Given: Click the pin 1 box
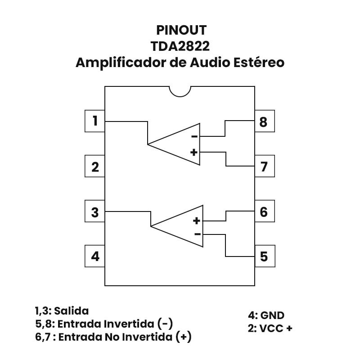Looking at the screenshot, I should click(x=95, y=121).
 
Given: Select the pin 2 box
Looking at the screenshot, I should click(x=95, y=166).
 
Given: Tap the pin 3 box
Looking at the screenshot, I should click(x=95, y=211).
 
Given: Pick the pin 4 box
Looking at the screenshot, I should click(x=95, y=256).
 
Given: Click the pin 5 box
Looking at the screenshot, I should click(x=264, y=256).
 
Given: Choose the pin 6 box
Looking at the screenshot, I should click(x=264, y=211).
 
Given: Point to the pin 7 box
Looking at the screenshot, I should click(x=264, y=166).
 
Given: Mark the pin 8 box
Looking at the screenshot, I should click(x=264, y=121).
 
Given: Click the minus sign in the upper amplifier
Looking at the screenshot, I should click(x=194, y=137).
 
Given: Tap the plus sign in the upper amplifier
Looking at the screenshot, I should click(x=194, y=152).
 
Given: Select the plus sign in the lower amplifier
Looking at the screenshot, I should click(x=197, y=220).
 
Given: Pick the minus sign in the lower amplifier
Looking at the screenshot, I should click(x=197, y=234).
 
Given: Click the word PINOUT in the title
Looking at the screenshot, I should click(x=181, y=30).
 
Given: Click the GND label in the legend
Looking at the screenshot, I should click(x=273, y=315).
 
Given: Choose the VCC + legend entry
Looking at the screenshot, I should click(x=276, y=328).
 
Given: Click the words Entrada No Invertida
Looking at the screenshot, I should click(x=116, y=337).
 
